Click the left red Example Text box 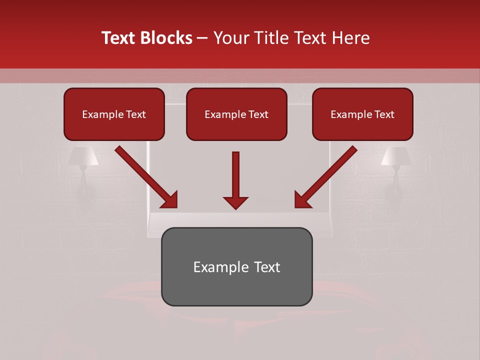pos(114,114)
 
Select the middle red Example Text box pos(236,114)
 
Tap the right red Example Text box pos(362,114)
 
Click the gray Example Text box pos(236,266)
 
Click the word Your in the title pos(229,38)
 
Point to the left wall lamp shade pos(83,156)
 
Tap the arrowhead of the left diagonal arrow pos(169,199)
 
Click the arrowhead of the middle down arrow pos(236,202)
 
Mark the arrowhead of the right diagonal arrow pos(302,199)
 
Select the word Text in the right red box pos(384,114)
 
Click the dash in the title pos(202,38)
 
